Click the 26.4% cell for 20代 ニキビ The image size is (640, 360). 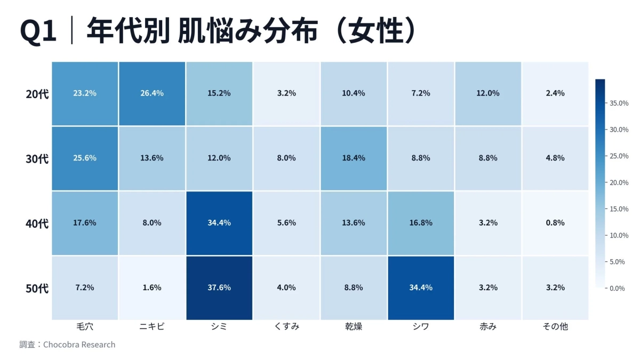pos(152,93)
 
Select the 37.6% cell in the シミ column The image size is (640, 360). pos(219,287)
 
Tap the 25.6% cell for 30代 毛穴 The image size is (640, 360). pos(85,158)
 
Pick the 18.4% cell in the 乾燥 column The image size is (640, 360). pos(353,158)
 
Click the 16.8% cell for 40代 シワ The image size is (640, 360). pos(420,223)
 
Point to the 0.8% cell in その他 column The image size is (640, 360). pos(555,223)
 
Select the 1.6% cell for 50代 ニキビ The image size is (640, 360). pos(152,287)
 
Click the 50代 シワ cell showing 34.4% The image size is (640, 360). pos(420,287)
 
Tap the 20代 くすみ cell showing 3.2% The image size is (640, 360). pos(286,93)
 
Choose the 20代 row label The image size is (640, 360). pos(37,94)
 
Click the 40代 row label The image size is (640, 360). pos(37,223)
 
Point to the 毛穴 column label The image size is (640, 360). pos(85,326)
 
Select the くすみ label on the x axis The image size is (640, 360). pos(286,326)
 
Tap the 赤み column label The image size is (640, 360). pos(487,326)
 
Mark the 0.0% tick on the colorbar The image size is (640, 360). pos(617,288)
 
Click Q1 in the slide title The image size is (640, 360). pos(38,31)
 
